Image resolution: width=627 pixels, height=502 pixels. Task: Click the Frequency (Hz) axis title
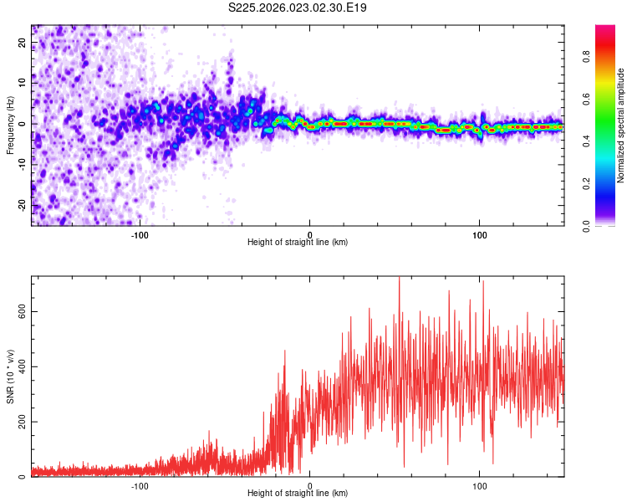click(10, 125)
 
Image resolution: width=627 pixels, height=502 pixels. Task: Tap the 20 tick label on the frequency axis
click(23, 44)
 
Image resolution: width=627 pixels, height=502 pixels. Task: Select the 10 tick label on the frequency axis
click(23, 84)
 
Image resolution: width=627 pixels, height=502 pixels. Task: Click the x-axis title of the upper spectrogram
click(298, 243)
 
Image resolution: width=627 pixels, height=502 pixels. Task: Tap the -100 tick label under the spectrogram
click(140, 235)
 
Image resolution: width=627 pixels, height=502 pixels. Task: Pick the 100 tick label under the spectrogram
click(479, 235)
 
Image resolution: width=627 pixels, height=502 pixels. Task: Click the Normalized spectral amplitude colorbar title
click(620, 125)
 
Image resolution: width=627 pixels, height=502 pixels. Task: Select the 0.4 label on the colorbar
click(609, 141)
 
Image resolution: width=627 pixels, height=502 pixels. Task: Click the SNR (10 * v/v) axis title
click(10, 376)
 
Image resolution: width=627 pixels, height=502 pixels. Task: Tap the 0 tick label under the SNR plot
click(310, 486)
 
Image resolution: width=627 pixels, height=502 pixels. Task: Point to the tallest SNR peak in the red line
click(399, 279)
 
